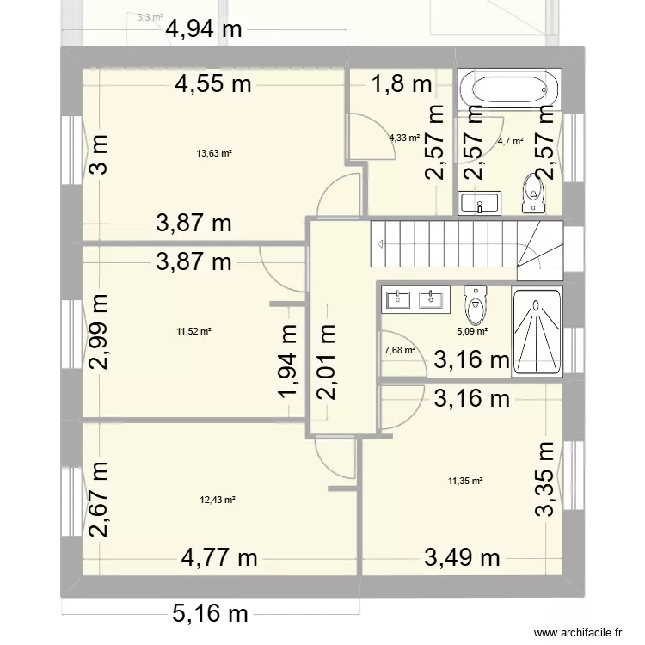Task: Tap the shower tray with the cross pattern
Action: click(x=536, y=332)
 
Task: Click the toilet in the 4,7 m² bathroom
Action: click(x=533, y=193)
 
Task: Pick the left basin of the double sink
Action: click(x=399, y=299)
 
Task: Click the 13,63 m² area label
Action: click(x=215, y=154)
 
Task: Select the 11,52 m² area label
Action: click(x=194, y=330)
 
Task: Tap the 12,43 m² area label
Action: click(x=218, y=501)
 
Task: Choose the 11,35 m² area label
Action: click(x=465, y=482)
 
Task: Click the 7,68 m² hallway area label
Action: click(x=400, y=350)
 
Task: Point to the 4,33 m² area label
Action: click(x=403, y=138)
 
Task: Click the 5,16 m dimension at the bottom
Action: click(x=211, y=614)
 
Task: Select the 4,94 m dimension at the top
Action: click(x=205, y=29)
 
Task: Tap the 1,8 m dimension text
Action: click(x=402, y=84)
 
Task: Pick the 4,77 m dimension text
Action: click(x=219, y=558)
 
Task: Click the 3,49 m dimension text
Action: click(x=463, y=558)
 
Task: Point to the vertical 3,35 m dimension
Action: click(x=545, y=479)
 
